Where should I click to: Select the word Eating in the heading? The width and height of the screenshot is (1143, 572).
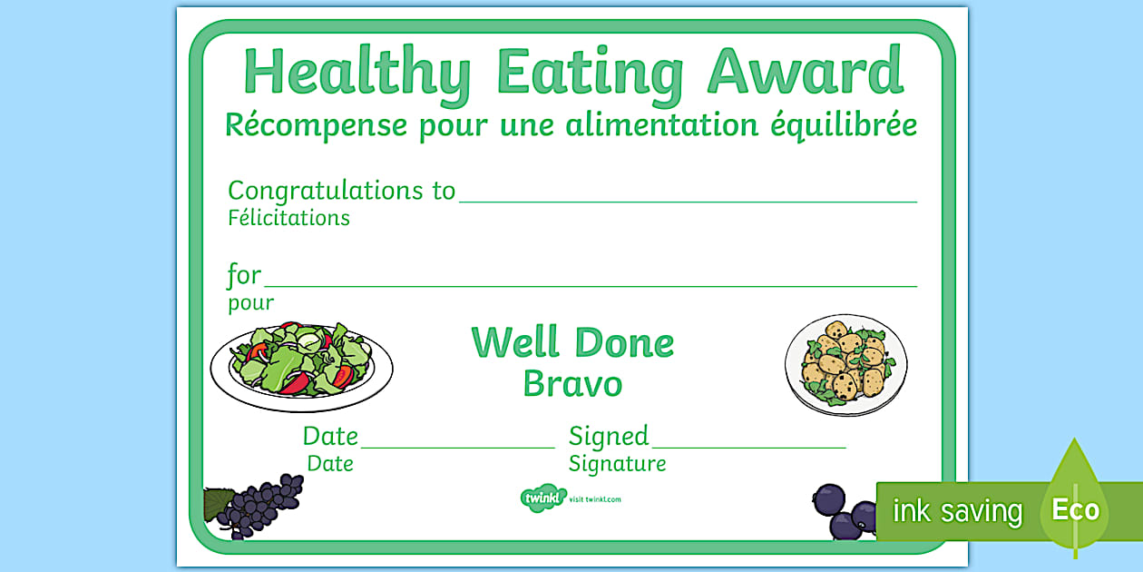591,73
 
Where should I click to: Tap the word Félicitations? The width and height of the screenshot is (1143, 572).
288,218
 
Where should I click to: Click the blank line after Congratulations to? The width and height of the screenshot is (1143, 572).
688,201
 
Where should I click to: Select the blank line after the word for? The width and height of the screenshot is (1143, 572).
590,285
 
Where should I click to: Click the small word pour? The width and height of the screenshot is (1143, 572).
251,303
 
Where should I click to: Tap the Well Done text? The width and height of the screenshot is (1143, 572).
572,343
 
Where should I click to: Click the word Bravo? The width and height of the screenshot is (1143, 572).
572,384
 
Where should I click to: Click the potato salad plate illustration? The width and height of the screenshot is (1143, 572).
845,365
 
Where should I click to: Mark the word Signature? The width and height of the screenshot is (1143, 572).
617,464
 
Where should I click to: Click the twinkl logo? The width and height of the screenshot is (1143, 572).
542,498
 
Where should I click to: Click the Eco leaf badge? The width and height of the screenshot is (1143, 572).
1075,508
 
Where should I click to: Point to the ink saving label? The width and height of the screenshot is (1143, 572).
956,511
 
